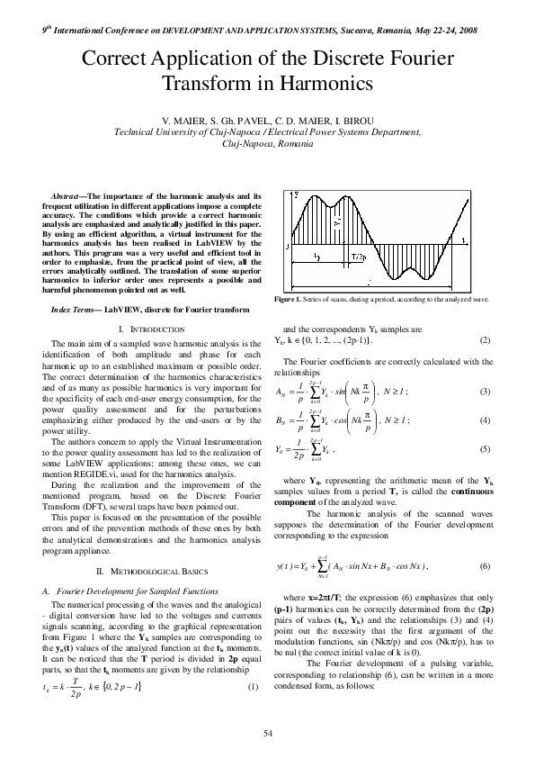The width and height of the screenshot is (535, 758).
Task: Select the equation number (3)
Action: click(485, 391)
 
